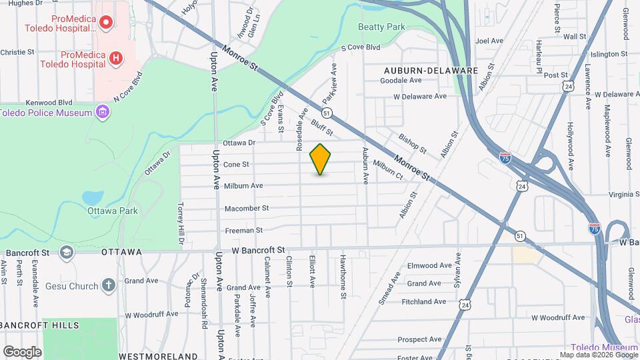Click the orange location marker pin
coord(320,159)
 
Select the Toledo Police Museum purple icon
coord(102,111)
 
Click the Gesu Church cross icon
coord(109,286)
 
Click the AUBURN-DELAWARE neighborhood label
coord(431,70)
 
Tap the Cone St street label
coord(235,164)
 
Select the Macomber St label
coord(246,208)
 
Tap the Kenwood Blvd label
coord(48,103)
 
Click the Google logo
coord(22,351)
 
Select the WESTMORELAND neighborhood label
coord(158,356)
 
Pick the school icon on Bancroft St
coord(66,252)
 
